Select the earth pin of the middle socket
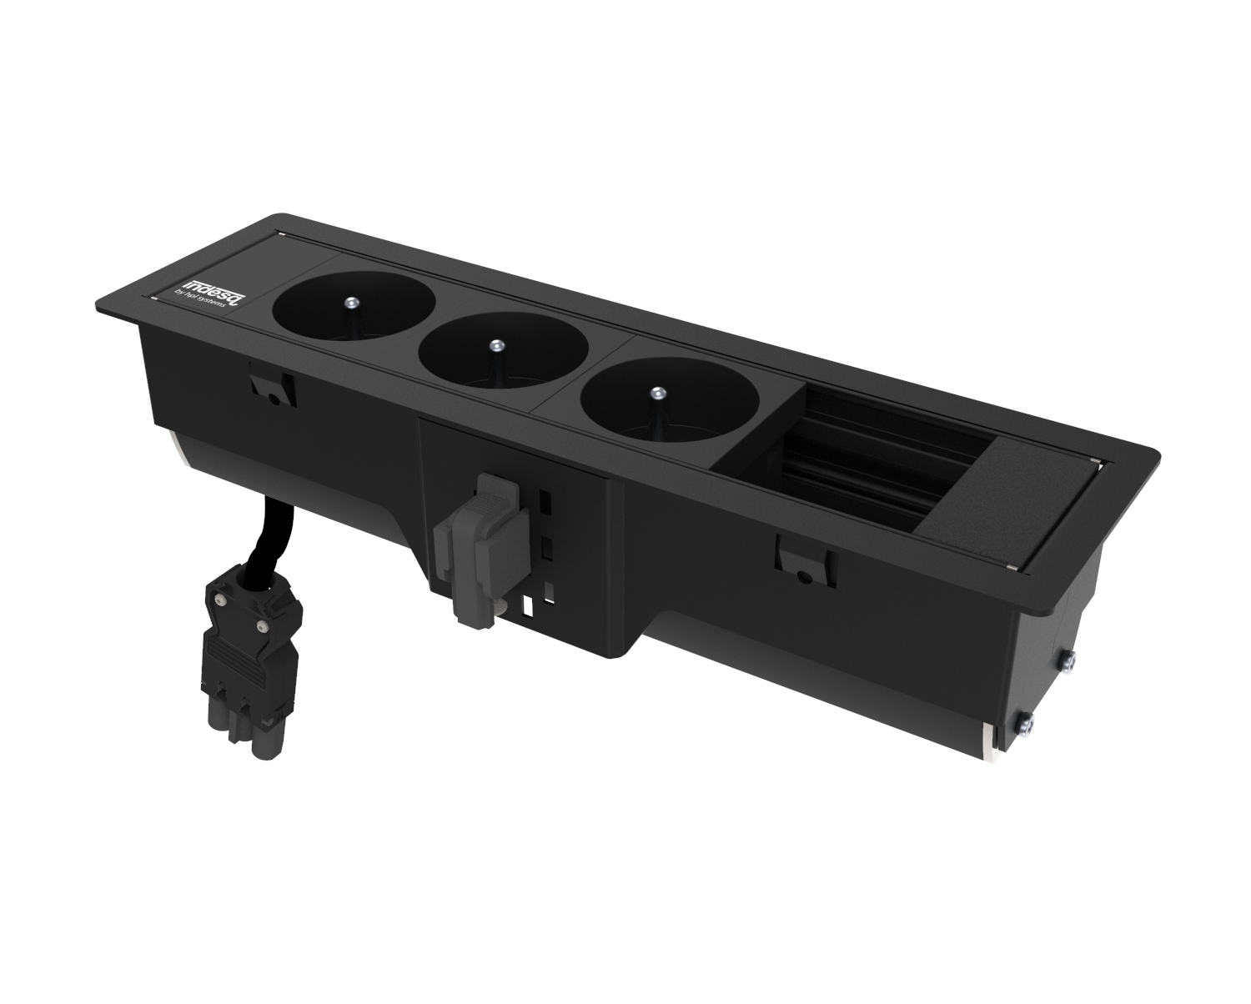tap(495, 344)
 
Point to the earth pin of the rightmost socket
tap(656, 392)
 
